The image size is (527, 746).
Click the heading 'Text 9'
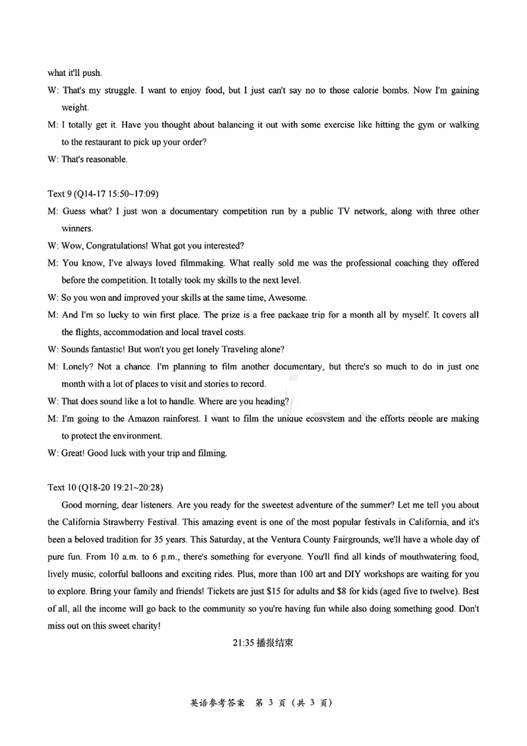coord(60,194)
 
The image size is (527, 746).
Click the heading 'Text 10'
coord(62,487)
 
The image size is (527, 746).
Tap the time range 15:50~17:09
coord(133,194)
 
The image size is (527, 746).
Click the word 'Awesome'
coord(289,297)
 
